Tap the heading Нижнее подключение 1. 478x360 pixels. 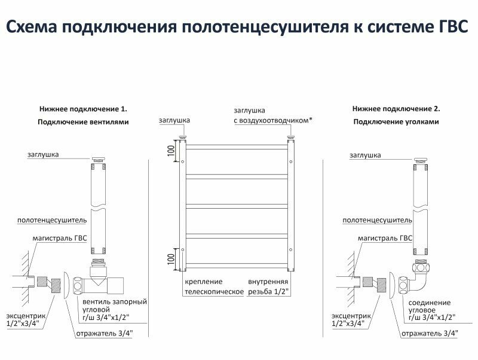(x=84, y=109)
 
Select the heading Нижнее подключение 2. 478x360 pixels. (x=396, y=109)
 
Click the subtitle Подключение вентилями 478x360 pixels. (x=84, y=122)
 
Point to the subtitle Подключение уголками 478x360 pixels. (x=396, y=122)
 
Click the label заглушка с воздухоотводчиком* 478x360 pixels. (x=272, y=116)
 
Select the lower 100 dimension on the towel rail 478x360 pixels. (x=170, y=258)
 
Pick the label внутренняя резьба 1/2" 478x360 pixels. (x=268, y=287)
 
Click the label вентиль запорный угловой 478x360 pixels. (x=115, y=309)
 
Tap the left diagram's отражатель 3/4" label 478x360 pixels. (x=105, y=333)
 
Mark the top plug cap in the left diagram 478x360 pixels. (x=97, y=160)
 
